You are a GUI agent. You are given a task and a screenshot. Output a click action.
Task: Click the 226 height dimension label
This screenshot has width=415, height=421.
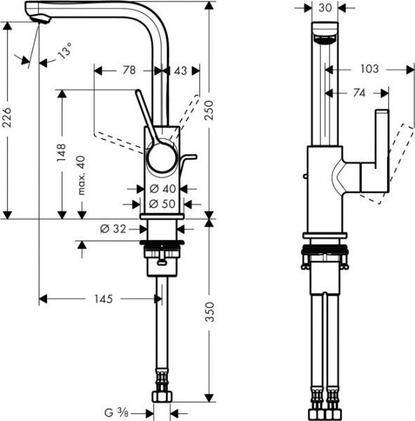click(x=8, y=121)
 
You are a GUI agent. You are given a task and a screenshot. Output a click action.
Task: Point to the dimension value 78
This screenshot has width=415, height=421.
click(x=129, y=71)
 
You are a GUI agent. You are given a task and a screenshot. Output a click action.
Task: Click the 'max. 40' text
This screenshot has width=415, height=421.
click(x=81, y=175)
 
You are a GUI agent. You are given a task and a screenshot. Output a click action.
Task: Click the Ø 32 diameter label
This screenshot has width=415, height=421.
click(x=112, y=228)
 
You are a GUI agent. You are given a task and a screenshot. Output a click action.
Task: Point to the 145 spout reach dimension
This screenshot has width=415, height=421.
click(x=101, y=299)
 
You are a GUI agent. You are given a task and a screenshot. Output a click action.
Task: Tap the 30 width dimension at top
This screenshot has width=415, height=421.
click(x=324, y=8)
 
